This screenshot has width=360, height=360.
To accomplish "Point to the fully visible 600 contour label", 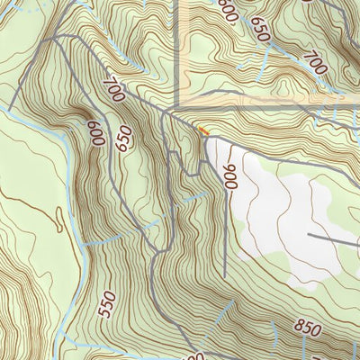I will point(94,133).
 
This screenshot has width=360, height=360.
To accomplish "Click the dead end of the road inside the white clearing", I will point(310,235).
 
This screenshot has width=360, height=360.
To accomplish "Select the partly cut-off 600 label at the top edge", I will point(228,11).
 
